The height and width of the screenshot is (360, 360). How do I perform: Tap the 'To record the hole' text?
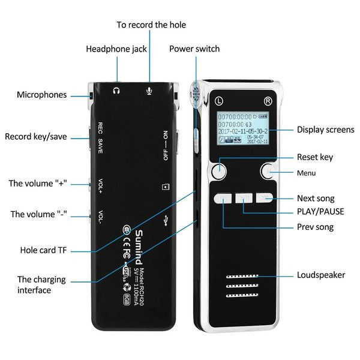(151, 25)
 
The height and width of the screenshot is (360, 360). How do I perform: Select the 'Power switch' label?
(194, 49)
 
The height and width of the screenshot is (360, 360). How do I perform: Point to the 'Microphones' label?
(42, 95)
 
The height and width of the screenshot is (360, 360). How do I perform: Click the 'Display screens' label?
(326, 130)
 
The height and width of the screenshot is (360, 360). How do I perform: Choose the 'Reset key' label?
(314, 157)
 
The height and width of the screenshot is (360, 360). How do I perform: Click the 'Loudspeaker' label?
(321, 275)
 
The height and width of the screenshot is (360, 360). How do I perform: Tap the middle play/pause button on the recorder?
(244, 197)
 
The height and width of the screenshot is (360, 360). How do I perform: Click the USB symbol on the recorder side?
(165, 220)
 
